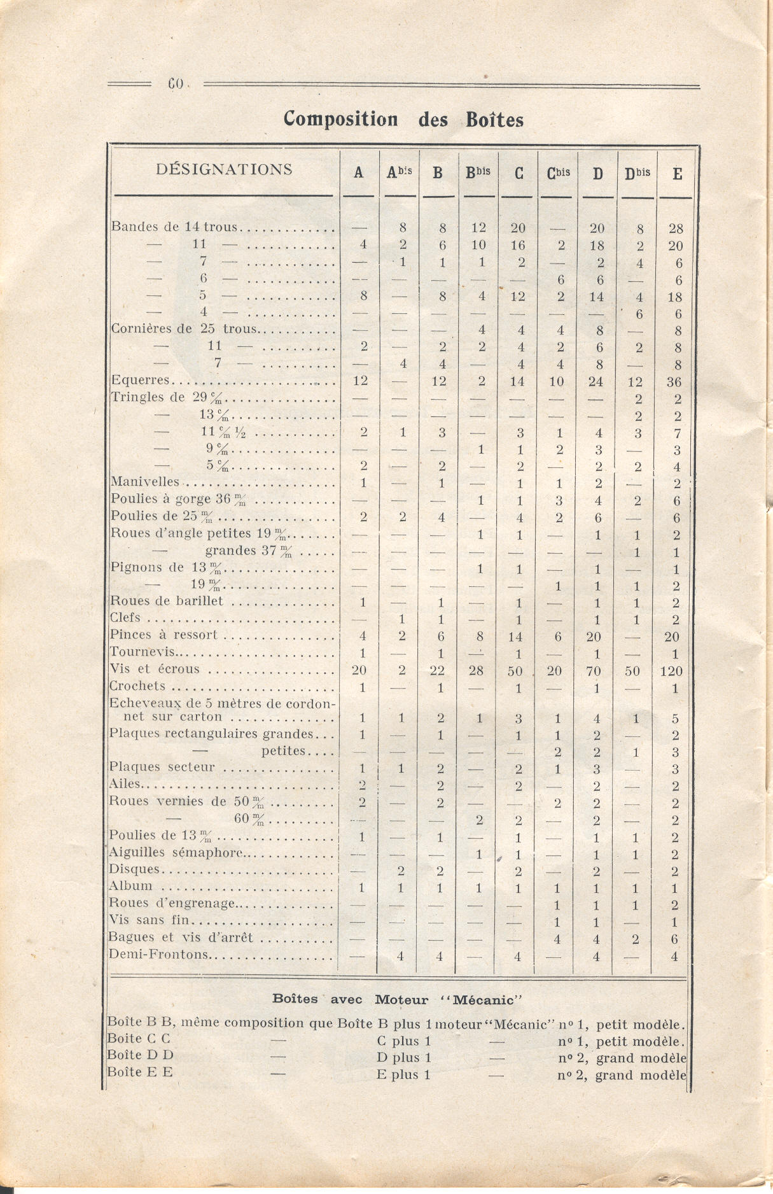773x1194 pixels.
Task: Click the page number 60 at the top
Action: coord(175,83)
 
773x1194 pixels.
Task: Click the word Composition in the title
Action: coord(340,119)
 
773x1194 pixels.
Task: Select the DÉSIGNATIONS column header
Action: coord(224,169)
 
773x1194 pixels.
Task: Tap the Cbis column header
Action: coord(558,172)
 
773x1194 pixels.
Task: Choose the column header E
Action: coord(677,173)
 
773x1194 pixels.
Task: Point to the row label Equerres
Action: coord(141,381)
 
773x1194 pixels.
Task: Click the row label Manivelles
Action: coord(145,482)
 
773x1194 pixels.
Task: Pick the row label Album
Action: coord(131,886)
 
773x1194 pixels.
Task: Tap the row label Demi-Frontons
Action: coord(159,954)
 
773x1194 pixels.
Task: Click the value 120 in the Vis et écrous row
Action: coord(671,671)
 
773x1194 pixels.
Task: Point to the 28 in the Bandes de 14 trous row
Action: coord(675,228)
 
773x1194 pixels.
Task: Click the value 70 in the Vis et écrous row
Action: coord(596,671)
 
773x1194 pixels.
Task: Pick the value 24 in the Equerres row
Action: coord(597,382)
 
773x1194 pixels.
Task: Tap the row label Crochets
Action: coord(137,686)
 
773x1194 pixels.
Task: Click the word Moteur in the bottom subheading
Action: coord(401,999)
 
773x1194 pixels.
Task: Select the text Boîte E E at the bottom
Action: coord(140,1072)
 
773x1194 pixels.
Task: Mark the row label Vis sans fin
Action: coord(150,920)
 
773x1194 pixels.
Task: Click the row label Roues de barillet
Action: coord(167,601)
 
